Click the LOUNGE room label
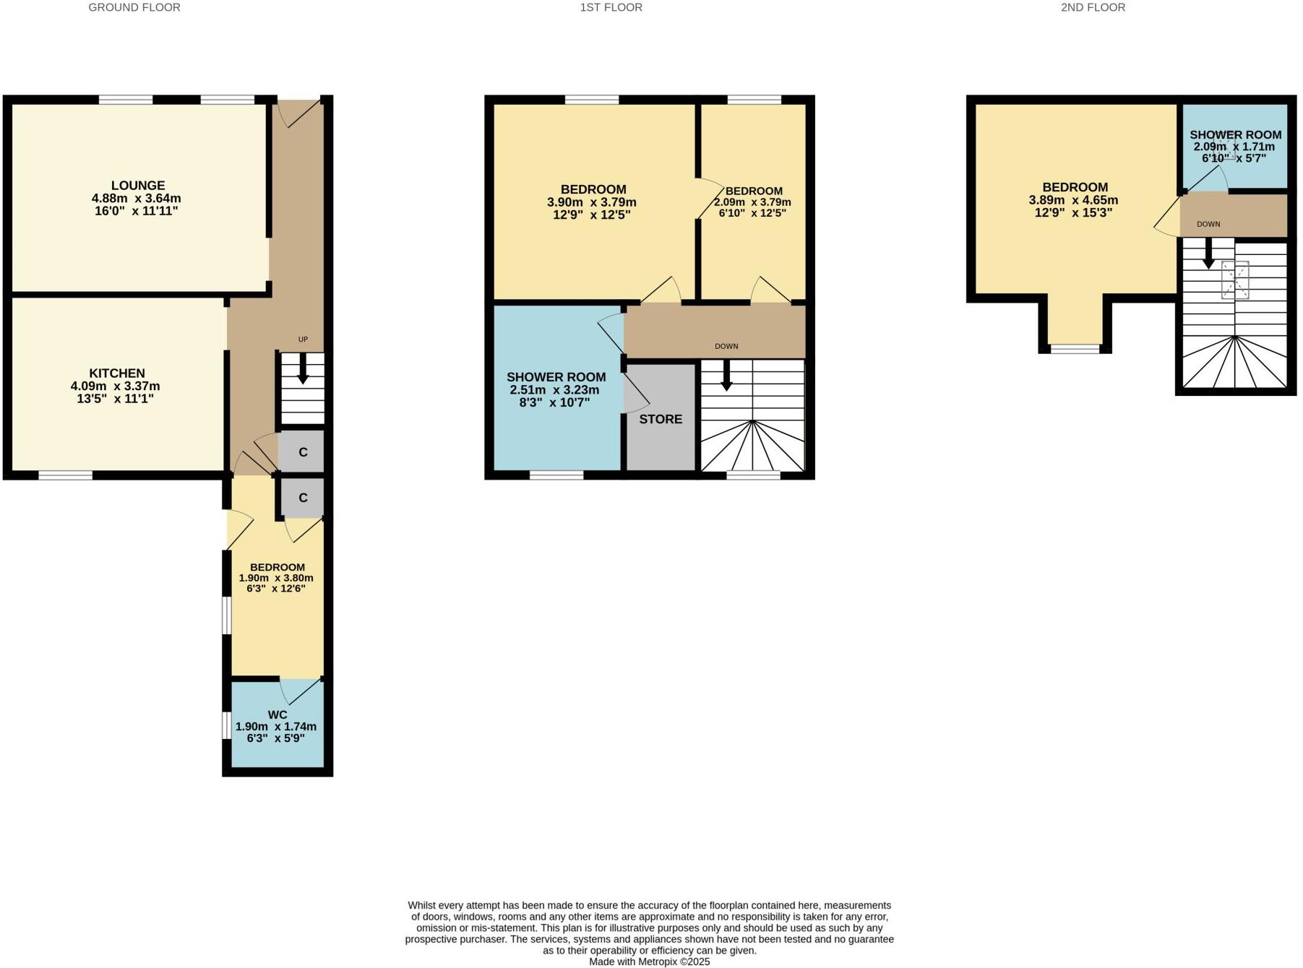click(137, 186)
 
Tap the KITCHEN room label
click(116, 373)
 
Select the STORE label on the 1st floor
click(660, 419)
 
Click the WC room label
click(278, 715)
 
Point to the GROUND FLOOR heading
click(134, 7)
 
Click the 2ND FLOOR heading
click(1093, 7)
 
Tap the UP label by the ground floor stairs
click(303, 340)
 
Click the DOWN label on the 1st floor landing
click(726, 346)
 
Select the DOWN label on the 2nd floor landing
click(1208, 224)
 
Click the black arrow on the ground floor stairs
click(303, 370)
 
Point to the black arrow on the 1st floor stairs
click(726, 376)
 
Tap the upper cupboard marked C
click(303, 452)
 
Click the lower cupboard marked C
click(303, 498)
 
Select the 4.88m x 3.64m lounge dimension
click(136, 199)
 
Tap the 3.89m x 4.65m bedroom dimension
click(1073, 200)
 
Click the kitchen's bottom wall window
click(65, 475)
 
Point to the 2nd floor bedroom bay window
click(1075, 349)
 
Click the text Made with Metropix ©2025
click(649, 961)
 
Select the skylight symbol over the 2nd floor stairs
click(1234, 280)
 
